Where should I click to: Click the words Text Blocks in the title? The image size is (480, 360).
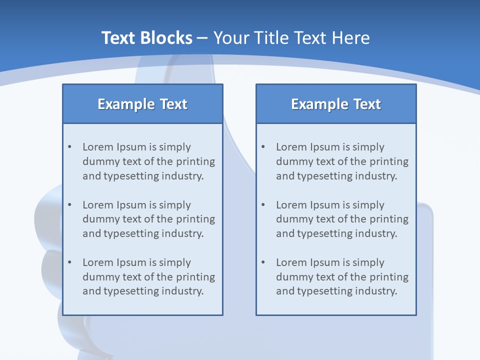tap(146, 38)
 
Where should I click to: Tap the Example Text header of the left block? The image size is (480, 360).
tap(142, 104)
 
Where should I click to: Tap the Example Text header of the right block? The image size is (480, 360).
tap(336, 104)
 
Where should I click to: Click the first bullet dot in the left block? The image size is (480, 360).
tap(70, 147)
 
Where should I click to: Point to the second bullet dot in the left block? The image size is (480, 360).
tap(70, 205)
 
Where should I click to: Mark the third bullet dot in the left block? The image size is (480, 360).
tap(70, 262)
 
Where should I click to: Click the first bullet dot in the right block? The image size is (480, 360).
tap(263, 147)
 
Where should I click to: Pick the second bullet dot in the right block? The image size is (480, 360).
tap(263, 205)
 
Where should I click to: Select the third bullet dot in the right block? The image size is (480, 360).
tap(263, 262)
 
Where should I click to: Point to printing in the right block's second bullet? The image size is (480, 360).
tap(389, 219)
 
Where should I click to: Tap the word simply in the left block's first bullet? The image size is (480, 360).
tap(175, 147)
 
